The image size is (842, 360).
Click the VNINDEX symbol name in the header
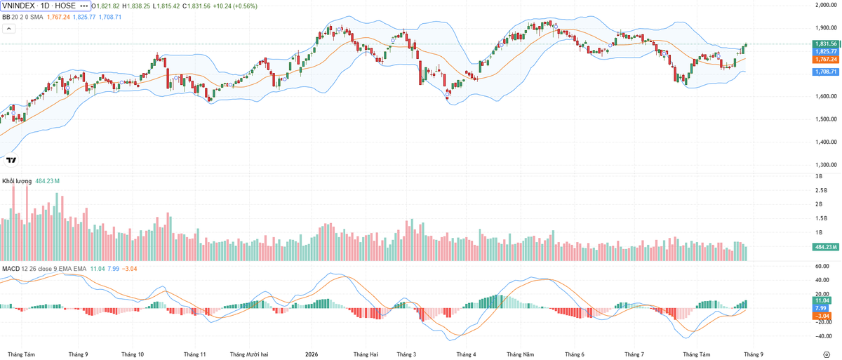18,6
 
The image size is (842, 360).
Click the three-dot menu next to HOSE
83,6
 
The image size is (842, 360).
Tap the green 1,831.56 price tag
825,44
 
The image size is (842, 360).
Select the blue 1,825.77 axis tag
825,51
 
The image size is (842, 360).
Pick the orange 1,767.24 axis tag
825,60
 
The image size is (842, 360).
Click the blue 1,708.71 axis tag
825,72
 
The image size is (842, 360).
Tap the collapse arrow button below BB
9,29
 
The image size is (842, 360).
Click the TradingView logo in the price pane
11,160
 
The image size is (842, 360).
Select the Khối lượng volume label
17,181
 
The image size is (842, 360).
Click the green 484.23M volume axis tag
825,247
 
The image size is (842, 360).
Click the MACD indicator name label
11,269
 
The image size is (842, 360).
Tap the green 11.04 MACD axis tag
822,300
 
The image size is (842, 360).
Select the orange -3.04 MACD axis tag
822,316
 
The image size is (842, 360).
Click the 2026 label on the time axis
312,354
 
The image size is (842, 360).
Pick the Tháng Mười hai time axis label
249,354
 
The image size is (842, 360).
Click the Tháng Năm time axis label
520,354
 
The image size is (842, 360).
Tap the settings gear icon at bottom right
827,354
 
